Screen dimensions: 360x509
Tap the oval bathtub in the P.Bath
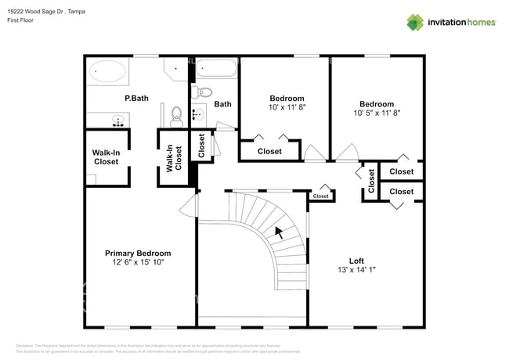coord(106,72)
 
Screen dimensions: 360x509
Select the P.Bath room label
coord(137,99)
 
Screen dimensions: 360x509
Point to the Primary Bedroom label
coord(138,254)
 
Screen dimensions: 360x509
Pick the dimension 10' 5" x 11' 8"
coord(376,113)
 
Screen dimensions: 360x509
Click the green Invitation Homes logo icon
coord(414,22)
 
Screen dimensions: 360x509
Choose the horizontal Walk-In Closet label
coord(106,157)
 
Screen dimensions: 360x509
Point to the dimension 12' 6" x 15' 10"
coord(138,263)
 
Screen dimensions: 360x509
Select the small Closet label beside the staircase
coord(321,196)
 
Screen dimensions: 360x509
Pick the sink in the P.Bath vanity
coord(118,121)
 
